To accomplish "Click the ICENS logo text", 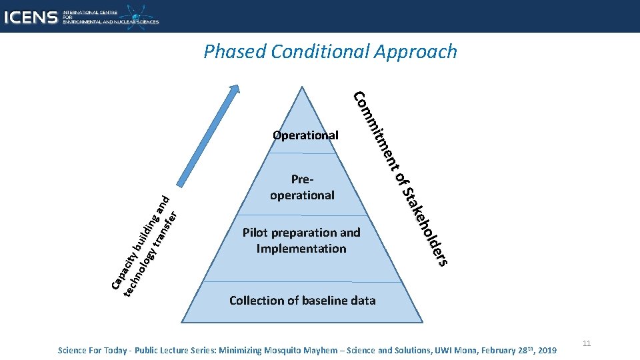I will pyautogui.click(x=30, y=17).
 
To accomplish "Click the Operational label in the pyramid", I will pyautogui.click(x=305, y=135).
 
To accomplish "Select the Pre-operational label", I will pyautogui.click(x=302, y=187).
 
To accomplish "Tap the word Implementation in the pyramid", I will pyautogui.click(x=301, y=249).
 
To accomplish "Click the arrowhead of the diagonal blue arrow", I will pyautogui.click(x=235, y=90).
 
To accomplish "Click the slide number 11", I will pyautogui.click(x=587, y=343).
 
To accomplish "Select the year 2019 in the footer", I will pyautogui.click(x=546, y=350).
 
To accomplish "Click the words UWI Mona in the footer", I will pyautogui.click(x=447, y=350).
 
